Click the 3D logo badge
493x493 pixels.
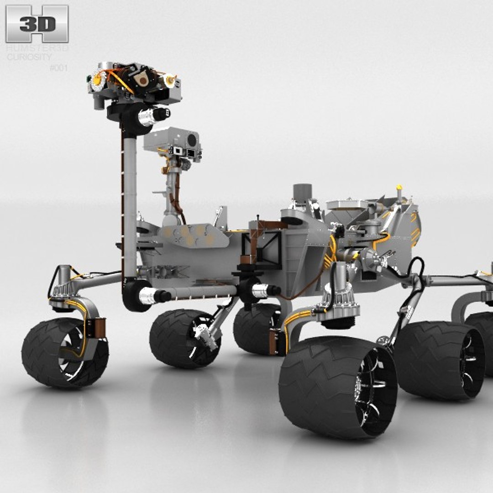pos(37,23)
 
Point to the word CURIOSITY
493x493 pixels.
pos(29,57)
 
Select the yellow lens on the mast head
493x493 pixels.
pos(97,80)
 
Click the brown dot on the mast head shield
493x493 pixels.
pos(142,80)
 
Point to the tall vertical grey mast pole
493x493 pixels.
pos(130,201)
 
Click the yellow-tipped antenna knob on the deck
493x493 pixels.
pos(399,188)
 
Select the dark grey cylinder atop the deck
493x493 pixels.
pos(302,191)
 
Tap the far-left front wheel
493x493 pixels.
pos(64,352)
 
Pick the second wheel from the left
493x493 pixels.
pos(184,339)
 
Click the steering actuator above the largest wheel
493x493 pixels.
pos(340,297)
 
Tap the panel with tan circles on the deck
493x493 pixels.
pos(194,236)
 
